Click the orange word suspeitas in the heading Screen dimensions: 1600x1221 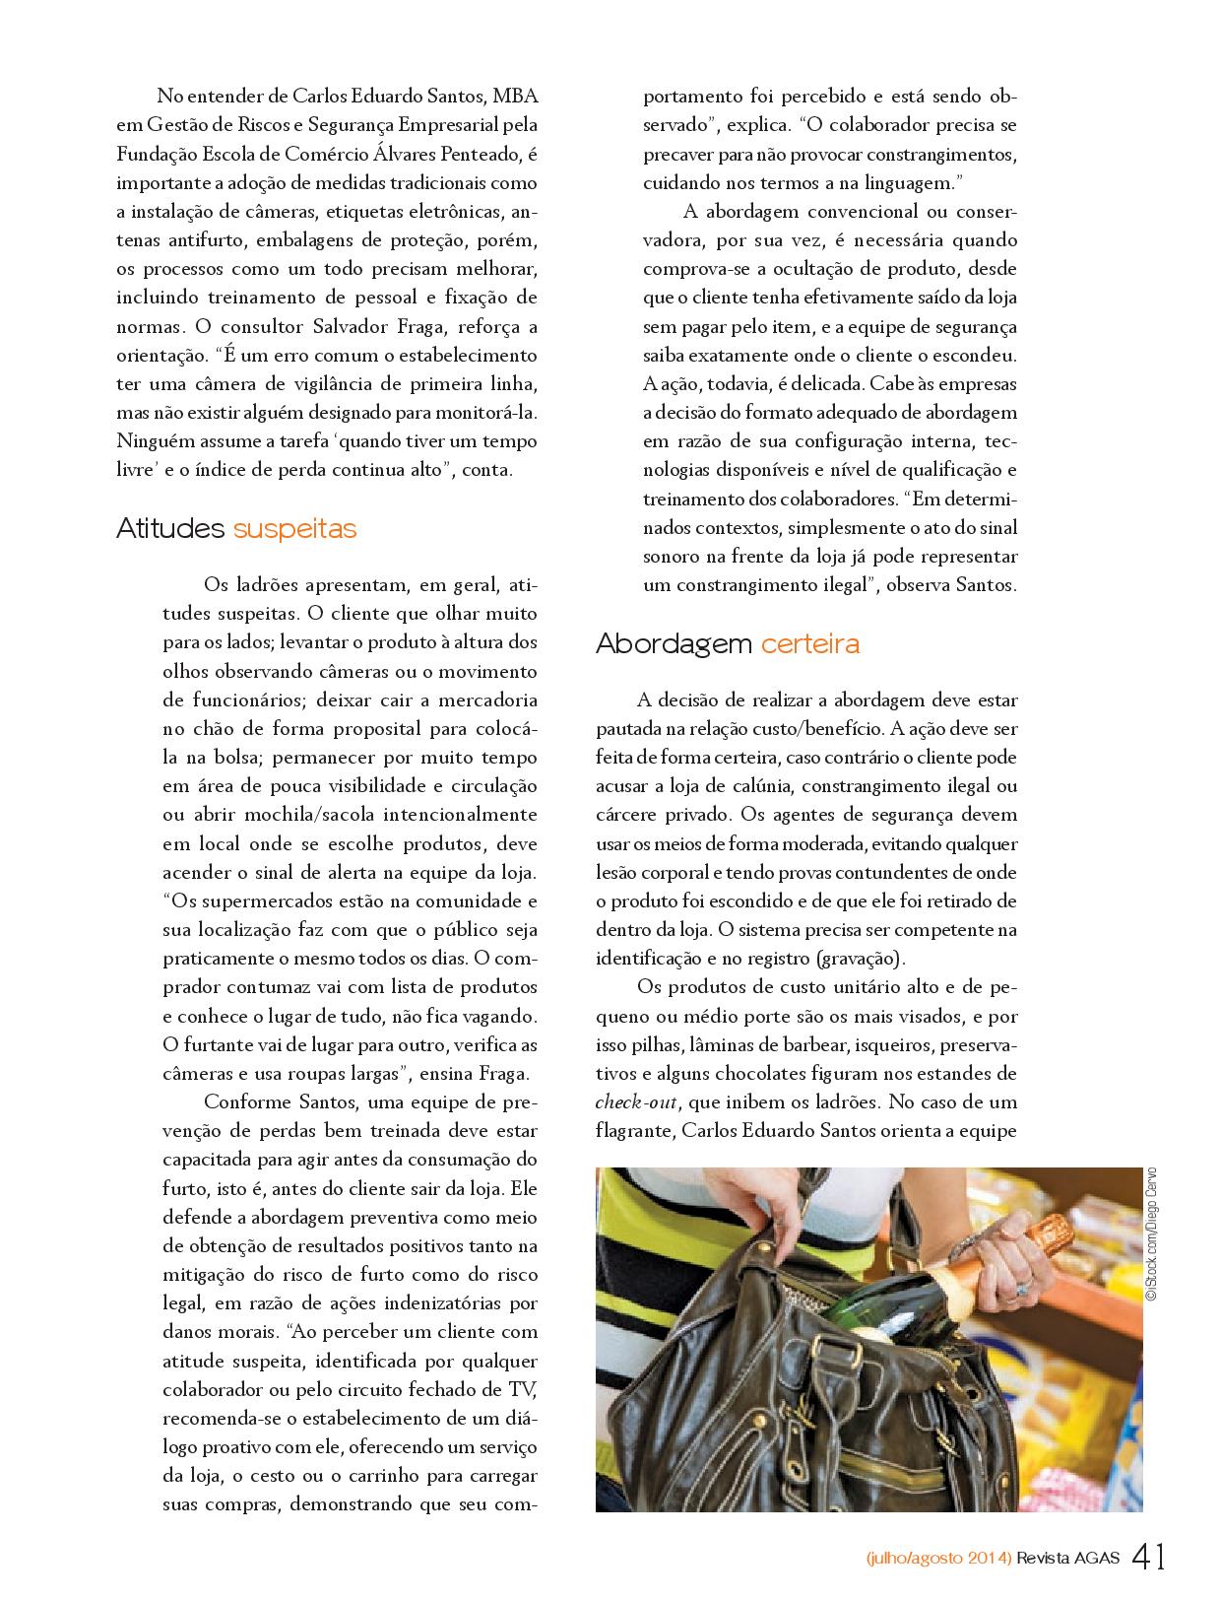pos(294,529)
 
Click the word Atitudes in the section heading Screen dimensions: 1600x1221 pos(170,529)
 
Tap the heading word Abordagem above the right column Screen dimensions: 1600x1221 pos(674,644)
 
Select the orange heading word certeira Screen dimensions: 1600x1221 pos(810,644)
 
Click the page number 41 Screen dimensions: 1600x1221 pos(1149,1558)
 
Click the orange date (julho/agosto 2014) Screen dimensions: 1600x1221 pos(939,1559)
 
